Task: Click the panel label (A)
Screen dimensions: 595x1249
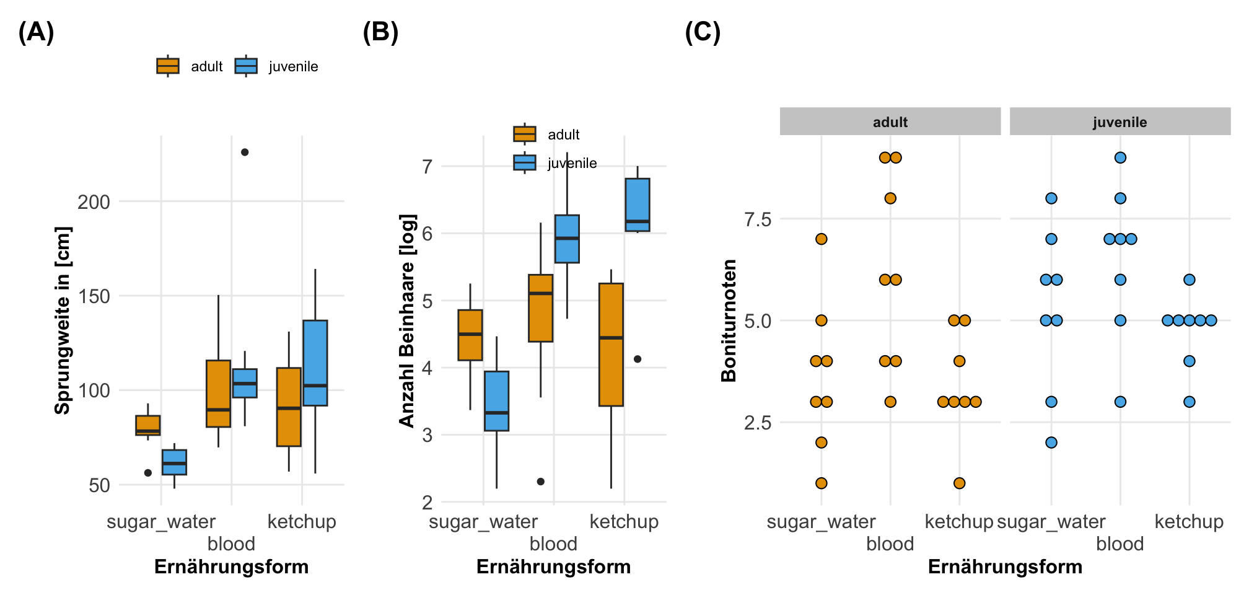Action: [36, 32]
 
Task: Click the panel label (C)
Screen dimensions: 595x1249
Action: [703, 32]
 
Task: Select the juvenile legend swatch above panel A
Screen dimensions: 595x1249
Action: [246, 66]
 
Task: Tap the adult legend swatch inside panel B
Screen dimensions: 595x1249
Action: [525, 134]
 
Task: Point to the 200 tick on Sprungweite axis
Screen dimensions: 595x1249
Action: [94, 202]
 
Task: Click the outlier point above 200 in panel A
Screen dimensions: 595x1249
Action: [245, 152]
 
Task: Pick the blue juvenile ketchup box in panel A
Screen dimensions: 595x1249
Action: [315, 363]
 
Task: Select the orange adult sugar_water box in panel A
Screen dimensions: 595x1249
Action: [148, 425]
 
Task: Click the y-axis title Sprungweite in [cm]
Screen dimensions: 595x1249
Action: [63, 320]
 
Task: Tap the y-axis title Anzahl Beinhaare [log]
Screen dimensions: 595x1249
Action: [407, 320]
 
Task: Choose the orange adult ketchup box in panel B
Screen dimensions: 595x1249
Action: [611, 345]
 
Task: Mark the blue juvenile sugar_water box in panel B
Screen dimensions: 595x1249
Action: [497, 400]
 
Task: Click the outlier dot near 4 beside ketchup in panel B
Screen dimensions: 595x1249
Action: [638, 359]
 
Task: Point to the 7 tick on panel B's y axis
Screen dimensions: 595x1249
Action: [427, 167]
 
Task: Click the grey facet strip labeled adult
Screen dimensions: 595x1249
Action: [890, 121]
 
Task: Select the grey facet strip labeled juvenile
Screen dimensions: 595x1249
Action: [1120, 121]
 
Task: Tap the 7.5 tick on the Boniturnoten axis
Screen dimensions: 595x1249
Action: [758, 219]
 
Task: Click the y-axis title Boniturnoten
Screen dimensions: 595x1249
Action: [729, 320]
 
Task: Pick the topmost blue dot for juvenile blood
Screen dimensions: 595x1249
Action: [1120, 157]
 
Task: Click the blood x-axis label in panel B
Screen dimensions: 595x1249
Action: [553, 544]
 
